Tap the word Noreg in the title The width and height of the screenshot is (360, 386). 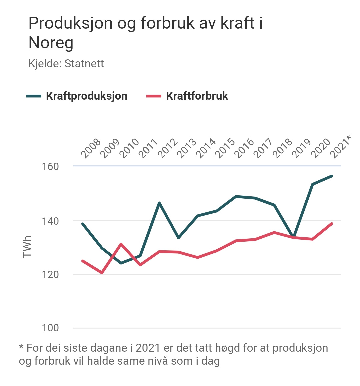pyautogui.click(x=51, y=43)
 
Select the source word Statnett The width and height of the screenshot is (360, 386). pyautogui.click(x=84, y=63)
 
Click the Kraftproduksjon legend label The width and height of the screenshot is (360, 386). pyautogui.click(x=87, y=96)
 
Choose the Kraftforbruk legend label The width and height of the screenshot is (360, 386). pyautogui.click(x=197, y=96)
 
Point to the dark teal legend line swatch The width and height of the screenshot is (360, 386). pyautogui.click(x=34, y=96)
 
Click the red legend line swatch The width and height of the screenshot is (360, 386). pyautogui.click(x=154, y=96)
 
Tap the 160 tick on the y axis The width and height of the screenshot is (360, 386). pyautogui.click(x=50, y=166)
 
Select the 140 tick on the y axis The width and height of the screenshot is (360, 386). pyautogui.click(x=50, y=221)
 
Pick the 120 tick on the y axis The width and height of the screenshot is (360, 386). pyautogui.click(x=50, y=275)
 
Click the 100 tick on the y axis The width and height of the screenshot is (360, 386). pyautogui.click(x=50, y=328)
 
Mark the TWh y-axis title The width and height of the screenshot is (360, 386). pyautogui.click(x=27, y=247)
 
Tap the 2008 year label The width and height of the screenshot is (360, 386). pyautogui.click(x=91, y=148)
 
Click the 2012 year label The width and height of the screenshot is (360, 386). pyautogui.click(x=167, y=148)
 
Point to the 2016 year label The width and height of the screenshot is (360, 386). pyautogui.click(x=244, y=148)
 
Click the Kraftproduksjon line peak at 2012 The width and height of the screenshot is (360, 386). pyautogui.click(x=159, y=203)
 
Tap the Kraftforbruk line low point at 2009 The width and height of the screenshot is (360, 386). pyautogui.click(x=102, y=273)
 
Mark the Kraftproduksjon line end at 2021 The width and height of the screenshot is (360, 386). pyautogui.click(x=332, y=176)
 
